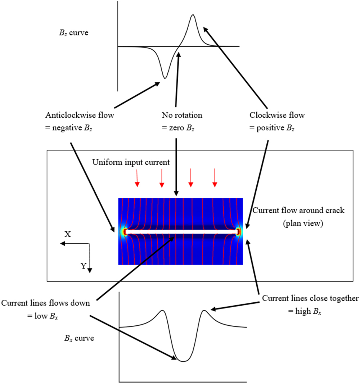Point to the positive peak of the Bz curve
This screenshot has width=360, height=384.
[193, 15]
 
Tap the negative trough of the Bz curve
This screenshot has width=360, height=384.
[165, 77]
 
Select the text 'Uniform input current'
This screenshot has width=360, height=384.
[131, 162]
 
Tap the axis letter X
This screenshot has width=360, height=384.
[67, 234]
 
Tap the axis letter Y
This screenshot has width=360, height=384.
[83, 266]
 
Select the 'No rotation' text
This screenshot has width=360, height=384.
[182, 116]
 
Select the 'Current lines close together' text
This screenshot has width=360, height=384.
[310, 298]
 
